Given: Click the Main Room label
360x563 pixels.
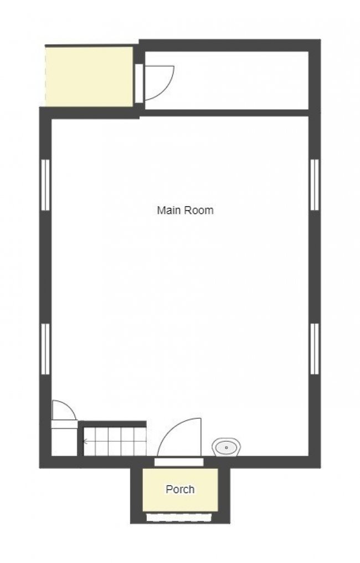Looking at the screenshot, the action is pyautogui.click(x=185, y=210).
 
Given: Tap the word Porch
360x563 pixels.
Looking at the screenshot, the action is pyautogui.click(x=180, y=489).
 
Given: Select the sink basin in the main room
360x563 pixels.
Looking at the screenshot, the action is pyautogui.click(x=226, y=447).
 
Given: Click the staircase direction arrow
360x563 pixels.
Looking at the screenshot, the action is pyautogui.click(x=86, y=441).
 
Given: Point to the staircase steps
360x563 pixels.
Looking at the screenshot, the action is pyautogui.click(x=115, y=441).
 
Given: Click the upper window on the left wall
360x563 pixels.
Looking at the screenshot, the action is pyautogui.click(x=45, y=185).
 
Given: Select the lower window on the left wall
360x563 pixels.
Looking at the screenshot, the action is pyautogui.click(x=45, y=349).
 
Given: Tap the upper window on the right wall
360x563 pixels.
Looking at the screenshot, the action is pyautogui.click(x=315, y=185).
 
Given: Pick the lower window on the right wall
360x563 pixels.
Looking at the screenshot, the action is pyautogui.click(x=315, y=349).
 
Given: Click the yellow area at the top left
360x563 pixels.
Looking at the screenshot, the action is pyautogui.click(x=89, y=76).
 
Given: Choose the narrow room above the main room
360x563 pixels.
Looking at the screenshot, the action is pyautogui.click(x=227, y=80).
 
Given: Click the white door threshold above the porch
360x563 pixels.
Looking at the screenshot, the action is pyautogui.click(x=179, y=462).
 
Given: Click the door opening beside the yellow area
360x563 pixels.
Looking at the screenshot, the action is pyautogui.click(x=139, y=83).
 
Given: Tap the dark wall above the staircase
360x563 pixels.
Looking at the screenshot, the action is pyautogui.click(x=112, y=424).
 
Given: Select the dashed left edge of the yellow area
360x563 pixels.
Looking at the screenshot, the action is pyautogui.click(x=45, y=76).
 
